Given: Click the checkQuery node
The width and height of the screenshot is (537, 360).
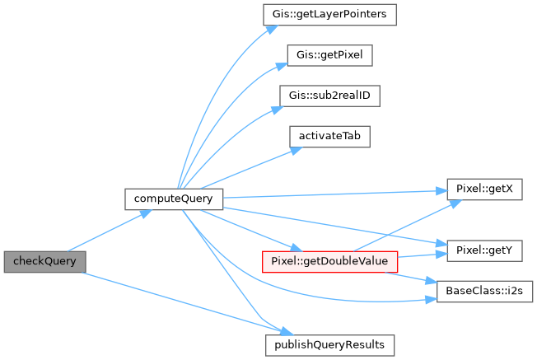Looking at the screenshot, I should pyautogui.click(x=44, y=261).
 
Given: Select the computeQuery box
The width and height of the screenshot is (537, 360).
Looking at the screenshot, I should pyautogui.click(x=173, y=199).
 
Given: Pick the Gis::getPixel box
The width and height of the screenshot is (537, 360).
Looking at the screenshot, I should pyautogui.click(x=329, y=56).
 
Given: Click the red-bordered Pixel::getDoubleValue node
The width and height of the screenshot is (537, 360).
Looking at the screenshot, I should pyautogui.click(x=329, y=261).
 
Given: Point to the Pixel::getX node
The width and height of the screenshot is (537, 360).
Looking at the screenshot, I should pyautogui.click(x=483, y=189).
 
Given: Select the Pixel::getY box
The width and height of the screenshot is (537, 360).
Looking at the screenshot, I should pyautogui.click(x=483, y=247).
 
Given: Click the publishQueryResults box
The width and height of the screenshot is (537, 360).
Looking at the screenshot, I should pyautogui.click(x=329, y=343).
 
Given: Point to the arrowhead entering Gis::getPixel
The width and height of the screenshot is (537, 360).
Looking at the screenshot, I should pyautogui.click(x=282, y=61).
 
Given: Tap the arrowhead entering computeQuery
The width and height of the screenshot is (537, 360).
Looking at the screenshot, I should pyautogui.click(x=148, y=213).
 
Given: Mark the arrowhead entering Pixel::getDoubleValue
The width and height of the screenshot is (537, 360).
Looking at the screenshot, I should pyautogui.click(x=289, y=247).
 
